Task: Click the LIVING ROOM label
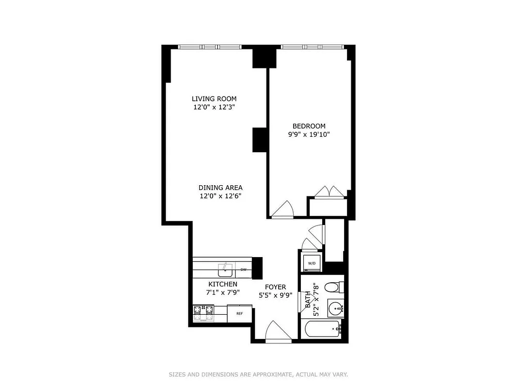[x=214, y=99]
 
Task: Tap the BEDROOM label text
[x=309, y=126]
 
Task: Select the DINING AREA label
[x=220, y=188]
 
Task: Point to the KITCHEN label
[x=223, y=284]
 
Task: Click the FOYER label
[x=275, y=287]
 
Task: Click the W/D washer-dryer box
[x=312, y=263]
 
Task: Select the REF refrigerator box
[x=239, y=314]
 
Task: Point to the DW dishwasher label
[x=243, y=269]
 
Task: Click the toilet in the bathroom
[x=332, y=288]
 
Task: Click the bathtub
[x=323, y=330]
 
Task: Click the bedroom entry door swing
[x=283, y=210]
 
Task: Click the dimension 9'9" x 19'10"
[x=309, y=135]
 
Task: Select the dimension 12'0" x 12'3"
[x=214, y=107]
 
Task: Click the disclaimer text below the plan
[x=258, y=374]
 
